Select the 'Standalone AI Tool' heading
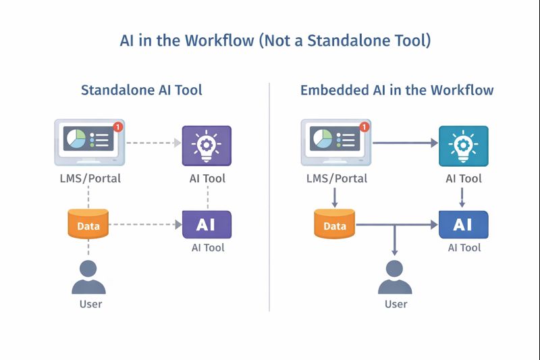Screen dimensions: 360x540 [141, 90]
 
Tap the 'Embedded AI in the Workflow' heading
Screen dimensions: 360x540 [397, 90]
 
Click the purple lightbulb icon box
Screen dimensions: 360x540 [207, 145]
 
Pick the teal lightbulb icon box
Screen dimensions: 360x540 [463, 145]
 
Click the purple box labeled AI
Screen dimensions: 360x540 [207, 224]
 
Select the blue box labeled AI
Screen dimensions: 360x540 [463, 224]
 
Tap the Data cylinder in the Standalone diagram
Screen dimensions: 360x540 [88, 224]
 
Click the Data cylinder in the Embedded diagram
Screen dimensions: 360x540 [334, 224]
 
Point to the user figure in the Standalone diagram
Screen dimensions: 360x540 [89, 277]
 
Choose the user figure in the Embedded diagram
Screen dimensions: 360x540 [396, 277]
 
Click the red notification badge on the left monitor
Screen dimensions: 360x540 [118, 126]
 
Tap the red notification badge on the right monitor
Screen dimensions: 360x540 [364, 126]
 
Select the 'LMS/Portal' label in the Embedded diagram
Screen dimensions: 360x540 [335, 178]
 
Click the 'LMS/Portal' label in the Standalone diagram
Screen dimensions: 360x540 [89, 178]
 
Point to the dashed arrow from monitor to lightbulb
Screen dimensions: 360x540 [153, 143]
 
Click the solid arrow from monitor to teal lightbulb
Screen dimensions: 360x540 [405, 143]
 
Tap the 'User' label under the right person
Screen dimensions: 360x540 [396, 304]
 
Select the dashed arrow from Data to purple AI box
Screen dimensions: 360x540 [145, 224]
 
